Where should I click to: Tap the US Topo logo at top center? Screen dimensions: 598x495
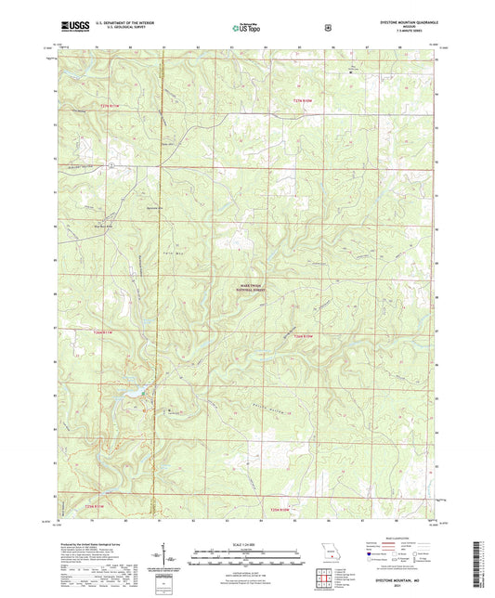coord(245,28)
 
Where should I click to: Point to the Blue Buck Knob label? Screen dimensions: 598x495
coord(108,225)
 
